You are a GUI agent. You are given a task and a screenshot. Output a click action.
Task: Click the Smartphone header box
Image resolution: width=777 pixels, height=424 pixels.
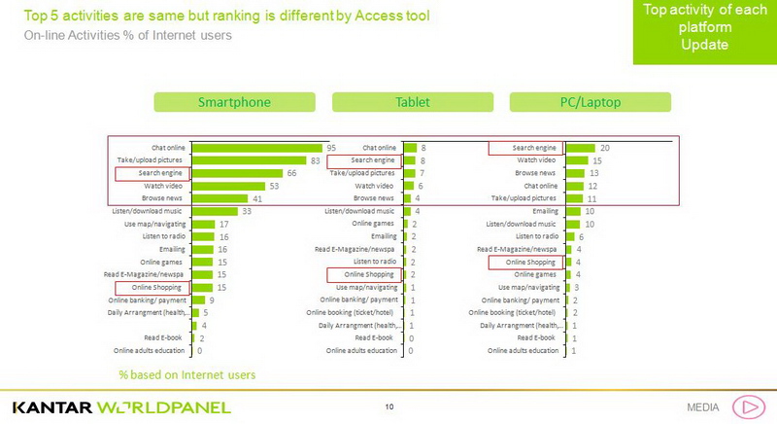234,102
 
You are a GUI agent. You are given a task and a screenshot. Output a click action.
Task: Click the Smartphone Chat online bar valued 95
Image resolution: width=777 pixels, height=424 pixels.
256,148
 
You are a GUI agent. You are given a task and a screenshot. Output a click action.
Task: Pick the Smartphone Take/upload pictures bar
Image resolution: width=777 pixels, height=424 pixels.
249,160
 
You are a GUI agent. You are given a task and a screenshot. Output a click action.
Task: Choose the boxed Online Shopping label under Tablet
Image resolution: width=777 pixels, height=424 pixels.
364,275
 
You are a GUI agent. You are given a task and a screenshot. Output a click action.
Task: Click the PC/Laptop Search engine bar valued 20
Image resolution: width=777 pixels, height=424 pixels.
580,148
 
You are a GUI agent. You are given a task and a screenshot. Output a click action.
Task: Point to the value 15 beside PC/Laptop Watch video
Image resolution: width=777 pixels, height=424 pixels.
597,160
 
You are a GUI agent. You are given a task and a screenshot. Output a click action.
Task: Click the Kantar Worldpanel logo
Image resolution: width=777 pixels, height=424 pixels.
121,406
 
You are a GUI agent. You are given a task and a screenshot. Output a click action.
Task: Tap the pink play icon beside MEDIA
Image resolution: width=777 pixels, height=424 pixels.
748,406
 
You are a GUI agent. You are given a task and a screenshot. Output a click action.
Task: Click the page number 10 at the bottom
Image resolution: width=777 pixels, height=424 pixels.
388,406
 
